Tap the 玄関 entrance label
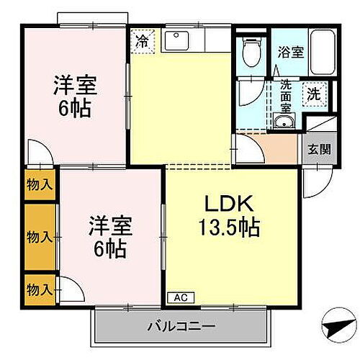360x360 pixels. [x=320, y=150]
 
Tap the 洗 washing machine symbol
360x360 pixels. [x=313, y=94]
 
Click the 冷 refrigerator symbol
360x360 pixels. [x=143, y=41]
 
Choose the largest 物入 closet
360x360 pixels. [x=40, y=236]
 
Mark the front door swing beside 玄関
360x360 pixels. [x=314, y=180]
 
